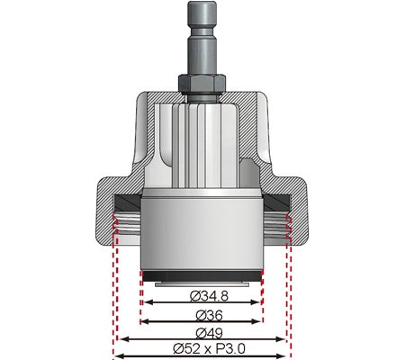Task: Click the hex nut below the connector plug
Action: [x=202, y=82]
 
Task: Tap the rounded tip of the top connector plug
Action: [x=202, y=7]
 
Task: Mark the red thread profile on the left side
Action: [x=116, y=225]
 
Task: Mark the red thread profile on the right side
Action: [x=287, y=225]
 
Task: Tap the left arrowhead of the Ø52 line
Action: [x=116, y=357]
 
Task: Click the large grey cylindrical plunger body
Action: [x=202, y=234]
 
